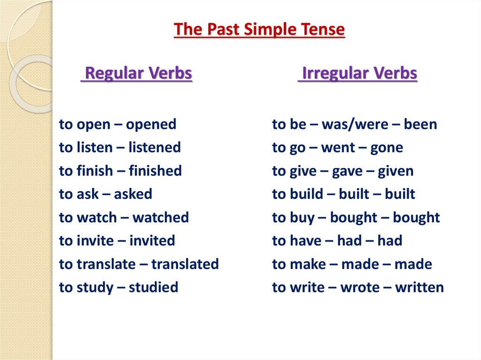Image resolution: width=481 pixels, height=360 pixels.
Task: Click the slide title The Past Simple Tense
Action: click(x=259, y=30)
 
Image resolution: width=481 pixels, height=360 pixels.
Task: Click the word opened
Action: click(x=151, y=125)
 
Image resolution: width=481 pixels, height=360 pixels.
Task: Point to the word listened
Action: click(x=155, y=148)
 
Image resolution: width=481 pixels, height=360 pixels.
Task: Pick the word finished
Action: click(x=155, y=171)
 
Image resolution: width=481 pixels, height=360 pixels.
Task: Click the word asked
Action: click(x=133, y=194)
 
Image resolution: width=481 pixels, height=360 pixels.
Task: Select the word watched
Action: click(x=161, y=218)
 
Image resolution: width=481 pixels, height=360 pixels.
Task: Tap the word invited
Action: click(x=152, y=241)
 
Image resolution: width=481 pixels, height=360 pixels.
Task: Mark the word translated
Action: click(x=185, y=264)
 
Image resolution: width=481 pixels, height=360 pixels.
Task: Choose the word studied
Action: click(x=154, y=287)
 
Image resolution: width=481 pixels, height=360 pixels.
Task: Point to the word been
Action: click(x=420, y=125)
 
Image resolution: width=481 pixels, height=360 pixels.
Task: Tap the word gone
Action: click(x=387, y=148)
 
